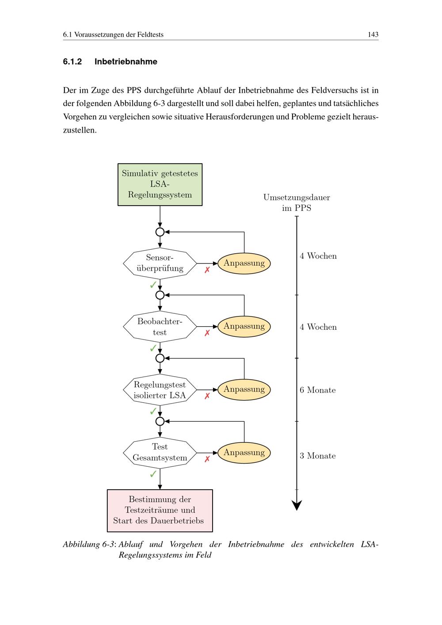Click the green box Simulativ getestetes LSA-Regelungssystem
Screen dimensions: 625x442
(160, 184)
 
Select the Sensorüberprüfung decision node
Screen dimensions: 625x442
(160, 263)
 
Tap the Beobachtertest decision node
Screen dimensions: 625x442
(160, 327)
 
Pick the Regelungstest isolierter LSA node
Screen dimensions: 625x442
(160, 390)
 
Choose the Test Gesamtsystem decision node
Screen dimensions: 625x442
(160, 453)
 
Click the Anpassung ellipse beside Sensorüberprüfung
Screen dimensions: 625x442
(244, 263)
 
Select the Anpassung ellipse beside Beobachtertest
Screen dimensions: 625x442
(244, 327)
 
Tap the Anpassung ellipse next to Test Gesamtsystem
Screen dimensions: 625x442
(244, 453)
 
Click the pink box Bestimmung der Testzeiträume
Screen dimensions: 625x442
(160, 510)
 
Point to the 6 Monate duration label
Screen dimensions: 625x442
(317, 390)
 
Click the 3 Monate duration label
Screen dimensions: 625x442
(317, 456)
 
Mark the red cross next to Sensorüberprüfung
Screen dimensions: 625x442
(207, 270)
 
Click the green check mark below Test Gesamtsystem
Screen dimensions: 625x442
(153, 474)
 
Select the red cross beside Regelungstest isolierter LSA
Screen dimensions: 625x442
(207, 396)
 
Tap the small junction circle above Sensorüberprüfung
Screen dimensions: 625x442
(160, 232)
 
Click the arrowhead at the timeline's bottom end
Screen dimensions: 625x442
(297, 505)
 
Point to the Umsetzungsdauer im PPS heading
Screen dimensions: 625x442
(297, 203)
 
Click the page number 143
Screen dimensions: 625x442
(373, 34)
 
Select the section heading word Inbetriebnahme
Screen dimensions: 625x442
(126, 62)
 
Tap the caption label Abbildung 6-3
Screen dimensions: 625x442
(89, 545)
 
